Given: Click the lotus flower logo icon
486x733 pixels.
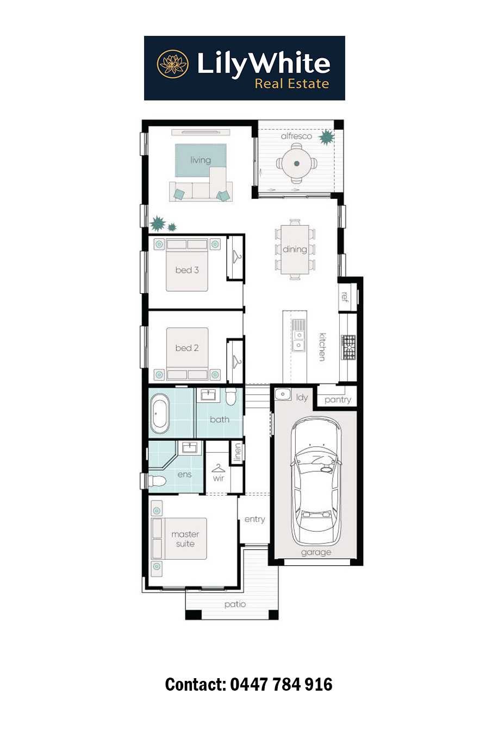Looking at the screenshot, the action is tap(173, 64).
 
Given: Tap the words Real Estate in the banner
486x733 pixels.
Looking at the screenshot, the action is tap(292, 84).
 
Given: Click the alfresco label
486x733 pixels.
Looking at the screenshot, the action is tap(296, 136).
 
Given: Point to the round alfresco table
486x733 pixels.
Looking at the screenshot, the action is tap(297, 163).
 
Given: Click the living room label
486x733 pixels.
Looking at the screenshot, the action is tap(201, 160).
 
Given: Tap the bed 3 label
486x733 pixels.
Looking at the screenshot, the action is tap(187, 270).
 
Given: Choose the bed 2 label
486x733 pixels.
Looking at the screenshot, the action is tap(187, 348).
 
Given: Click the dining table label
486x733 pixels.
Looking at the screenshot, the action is tap(295, 249).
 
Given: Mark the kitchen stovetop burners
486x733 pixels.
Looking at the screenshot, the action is tap(348, 347).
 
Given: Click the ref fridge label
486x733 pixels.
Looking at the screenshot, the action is tap(345, 297).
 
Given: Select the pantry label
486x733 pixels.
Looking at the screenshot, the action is tap(338, 400).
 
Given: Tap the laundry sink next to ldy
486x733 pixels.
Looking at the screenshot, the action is tap(283, 394).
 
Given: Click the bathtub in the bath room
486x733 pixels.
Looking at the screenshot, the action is tap(160, 413).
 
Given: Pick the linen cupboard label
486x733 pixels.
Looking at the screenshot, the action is tap(238, 452).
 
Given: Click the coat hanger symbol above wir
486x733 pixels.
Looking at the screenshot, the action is tap(218, 468).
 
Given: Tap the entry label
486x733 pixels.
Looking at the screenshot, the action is tap(254, 519).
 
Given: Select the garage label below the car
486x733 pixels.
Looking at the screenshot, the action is tap(316, 552).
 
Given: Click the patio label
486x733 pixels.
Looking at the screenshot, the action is tap(235, 604).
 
